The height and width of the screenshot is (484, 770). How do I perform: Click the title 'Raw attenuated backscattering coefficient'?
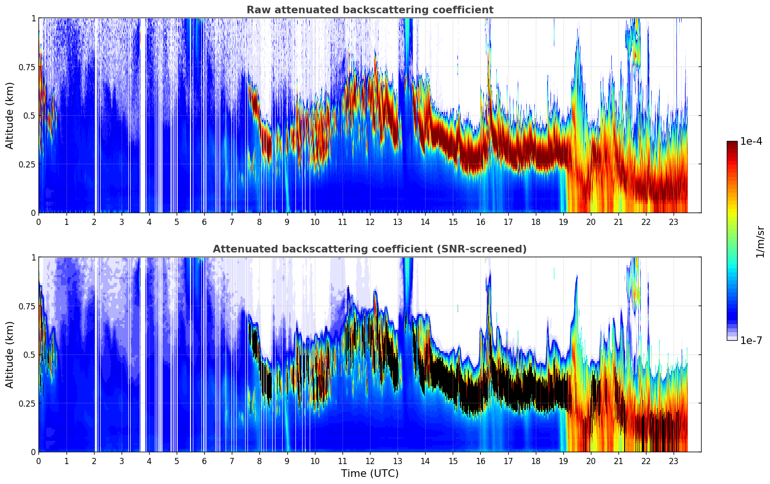click(x=370, y=10)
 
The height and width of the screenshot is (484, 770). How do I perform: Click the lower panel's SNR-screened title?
click(x=370, y=249)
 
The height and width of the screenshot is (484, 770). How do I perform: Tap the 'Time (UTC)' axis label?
click(x=370, y=474)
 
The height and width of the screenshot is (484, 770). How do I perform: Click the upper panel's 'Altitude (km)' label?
click(x=10, y=115)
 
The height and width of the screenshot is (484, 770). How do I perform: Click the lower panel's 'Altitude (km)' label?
click(x=10, y=354)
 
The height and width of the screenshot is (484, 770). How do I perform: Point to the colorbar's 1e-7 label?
click(x=751, y=340)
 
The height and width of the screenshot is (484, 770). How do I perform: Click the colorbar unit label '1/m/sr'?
click(x=760, y=242)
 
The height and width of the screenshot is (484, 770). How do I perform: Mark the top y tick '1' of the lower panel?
click(x=33, y=258)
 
